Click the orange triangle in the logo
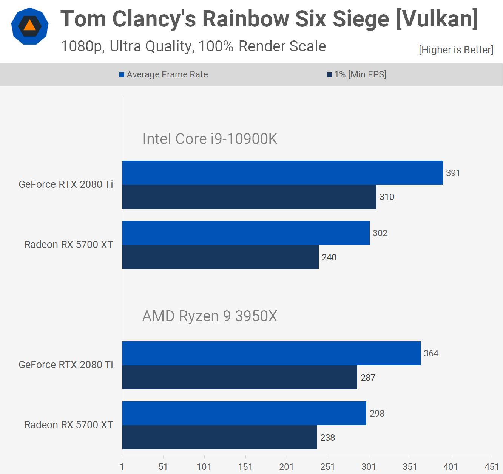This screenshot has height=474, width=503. (x=29, y=25)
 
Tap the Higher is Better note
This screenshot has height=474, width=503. (x=456, y=50)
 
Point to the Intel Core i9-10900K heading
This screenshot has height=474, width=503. (x=210, y=139)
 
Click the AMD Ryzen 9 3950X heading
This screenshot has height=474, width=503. (x=210, y=316)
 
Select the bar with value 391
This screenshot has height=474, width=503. (x=282, y=173)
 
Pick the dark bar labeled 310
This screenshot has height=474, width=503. (x=249, y=197)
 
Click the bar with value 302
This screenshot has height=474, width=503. (x=246, y=233)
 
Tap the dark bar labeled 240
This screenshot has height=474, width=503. (x=221, y=257)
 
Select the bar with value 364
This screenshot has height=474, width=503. (x=271, y=353)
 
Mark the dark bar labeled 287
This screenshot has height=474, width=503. (x=240, y=377)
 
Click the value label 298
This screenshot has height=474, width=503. (x=377, y=414)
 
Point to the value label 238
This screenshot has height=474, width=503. (x=327, y=438)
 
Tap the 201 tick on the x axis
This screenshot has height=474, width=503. (x=286, y=467)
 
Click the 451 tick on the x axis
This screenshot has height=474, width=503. (x=492, y=467)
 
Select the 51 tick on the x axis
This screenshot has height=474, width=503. (x=163, y=467)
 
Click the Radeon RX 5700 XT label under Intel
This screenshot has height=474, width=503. (x=69, y=245)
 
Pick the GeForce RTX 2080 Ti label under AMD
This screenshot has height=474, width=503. (x=66, y=365)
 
